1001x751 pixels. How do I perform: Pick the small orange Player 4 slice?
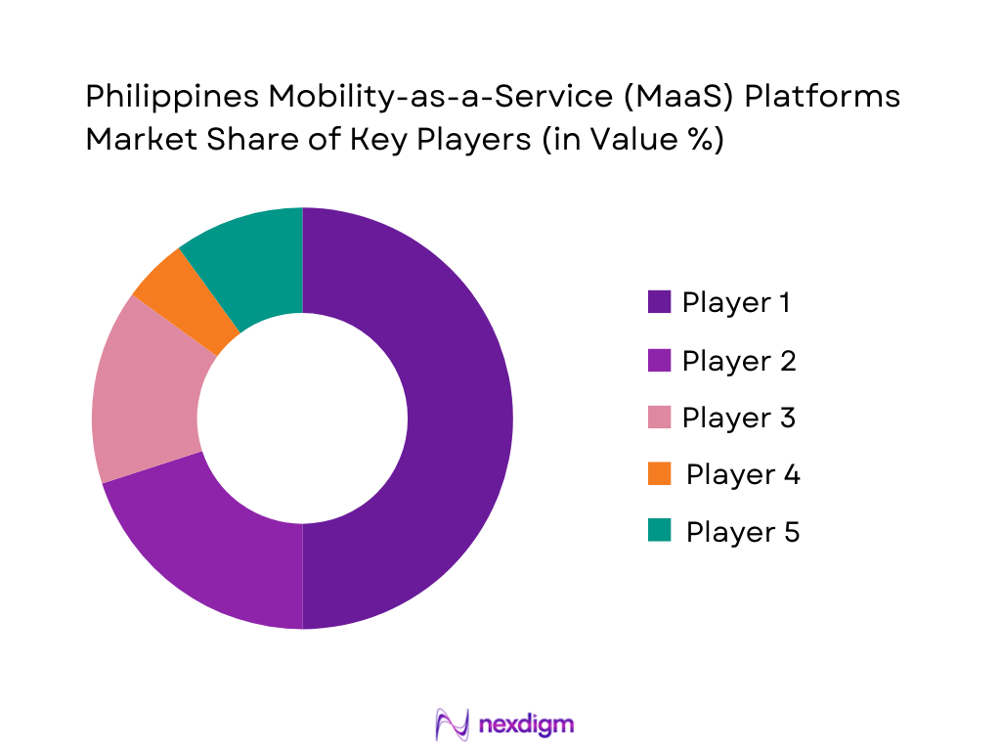tap(183, 302)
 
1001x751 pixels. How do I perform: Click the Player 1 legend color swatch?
tap(659, 302)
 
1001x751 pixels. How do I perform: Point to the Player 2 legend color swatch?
tap(659, 360)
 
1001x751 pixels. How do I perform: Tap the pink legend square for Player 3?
tap(659, 418)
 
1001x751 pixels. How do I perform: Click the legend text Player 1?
tap(736, 302)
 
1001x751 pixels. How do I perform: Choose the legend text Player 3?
tap(739, 418)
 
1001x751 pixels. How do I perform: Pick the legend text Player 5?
tap(743, 532)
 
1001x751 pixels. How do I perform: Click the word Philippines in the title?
tap(163, 99)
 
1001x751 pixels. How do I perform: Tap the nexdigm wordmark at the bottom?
tap(528, 725)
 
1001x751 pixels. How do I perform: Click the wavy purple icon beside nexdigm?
tap(454, 725)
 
